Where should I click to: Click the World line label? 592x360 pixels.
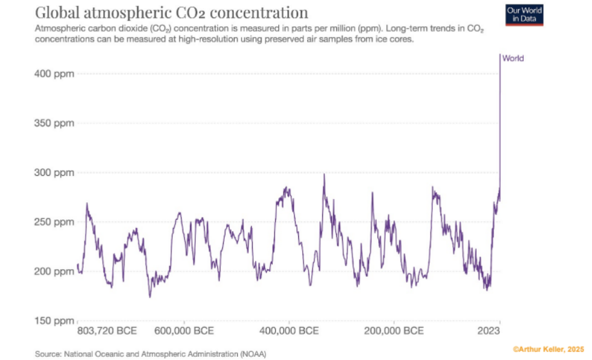(513, 59)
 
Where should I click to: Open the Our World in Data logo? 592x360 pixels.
(525, 14)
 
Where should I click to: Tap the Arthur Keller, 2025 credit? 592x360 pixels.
(549, 348)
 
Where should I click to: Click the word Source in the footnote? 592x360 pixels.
(48, 354)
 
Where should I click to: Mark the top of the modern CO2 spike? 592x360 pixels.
(500, 55)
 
